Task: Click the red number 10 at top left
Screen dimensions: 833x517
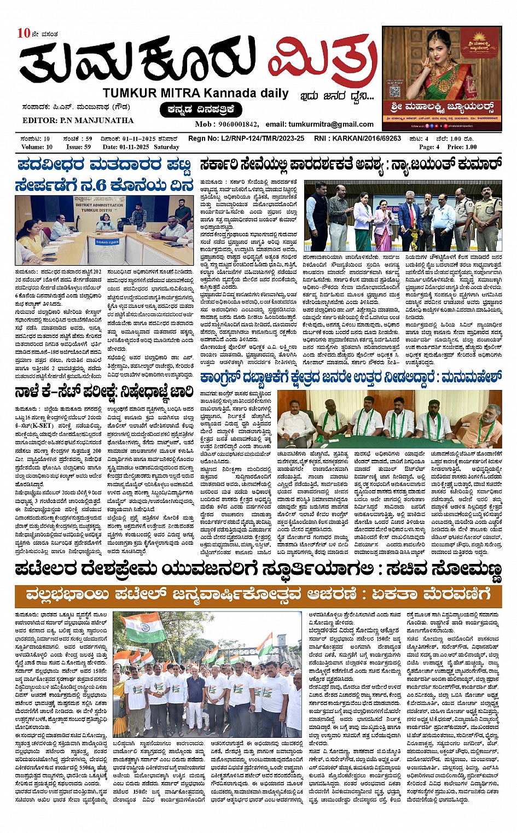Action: (x=24, y=33)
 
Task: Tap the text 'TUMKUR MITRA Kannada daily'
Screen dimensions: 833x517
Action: (x=195, y=94)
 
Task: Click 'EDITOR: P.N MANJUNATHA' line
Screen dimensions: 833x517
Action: (x=78, y=120)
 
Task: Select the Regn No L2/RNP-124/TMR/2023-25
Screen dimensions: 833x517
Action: (x=246, y=138)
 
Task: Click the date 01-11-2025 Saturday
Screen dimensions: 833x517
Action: (x=141, y=147)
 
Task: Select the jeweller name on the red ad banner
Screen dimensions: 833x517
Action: (x=443, y=106)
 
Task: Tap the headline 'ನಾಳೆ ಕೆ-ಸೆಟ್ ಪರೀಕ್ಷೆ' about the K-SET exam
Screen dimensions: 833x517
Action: (x=104, y=391)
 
